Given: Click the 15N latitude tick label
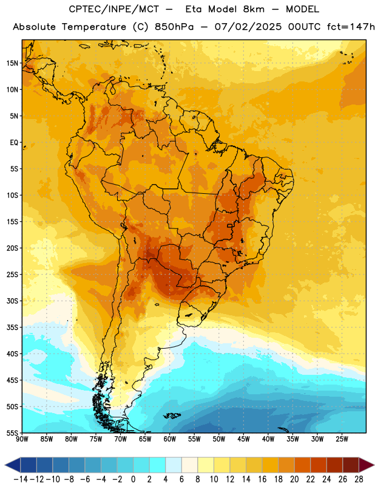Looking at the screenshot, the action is (12, 63).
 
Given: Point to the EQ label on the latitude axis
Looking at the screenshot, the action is (14, 143).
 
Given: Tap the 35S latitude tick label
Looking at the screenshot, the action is (12, 327).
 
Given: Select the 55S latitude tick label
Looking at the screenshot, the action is (12, 433).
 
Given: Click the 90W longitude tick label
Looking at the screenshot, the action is (22, 439).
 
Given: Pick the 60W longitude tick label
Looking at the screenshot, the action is (170, 439).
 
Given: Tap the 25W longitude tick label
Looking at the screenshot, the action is (342, 439).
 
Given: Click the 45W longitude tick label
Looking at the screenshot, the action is (243, 439).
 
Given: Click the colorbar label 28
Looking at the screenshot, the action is (359, 479).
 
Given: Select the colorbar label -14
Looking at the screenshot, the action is (21, 479).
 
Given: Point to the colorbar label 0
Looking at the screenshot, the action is (133, 479).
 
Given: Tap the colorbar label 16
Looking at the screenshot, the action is (262, 479).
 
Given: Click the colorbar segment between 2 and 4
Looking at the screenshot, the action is (157, 465).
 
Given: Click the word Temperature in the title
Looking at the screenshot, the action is (94, 27).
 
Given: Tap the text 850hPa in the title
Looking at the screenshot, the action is (174, 27).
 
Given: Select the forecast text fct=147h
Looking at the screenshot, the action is (351, 27).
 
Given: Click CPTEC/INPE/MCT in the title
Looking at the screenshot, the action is (113, 9).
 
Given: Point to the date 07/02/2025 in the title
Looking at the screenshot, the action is (248, 27).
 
